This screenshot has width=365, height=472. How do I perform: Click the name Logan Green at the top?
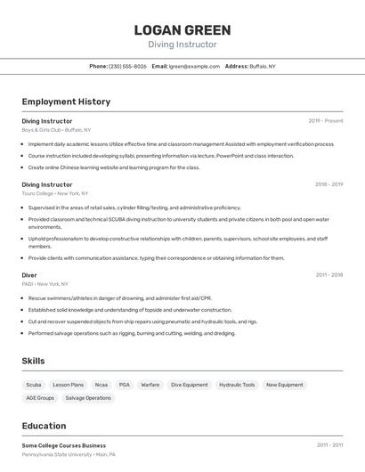pos(182,29)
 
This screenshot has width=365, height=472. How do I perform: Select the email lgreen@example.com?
pos(194,66)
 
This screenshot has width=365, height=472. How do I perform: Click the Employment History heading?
pos(66,102)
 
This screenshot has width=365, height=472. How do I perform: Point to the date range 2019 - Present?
pos(325,120)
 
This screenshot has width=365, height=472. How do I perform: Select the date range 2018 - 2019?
pos(328,184)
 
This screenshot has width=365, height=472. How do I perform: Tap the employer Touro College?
pos(37,193)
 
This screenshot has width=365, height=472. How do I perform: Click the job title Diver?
pos(29,275)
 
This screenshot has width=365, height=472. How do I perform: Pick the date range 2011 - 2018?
pos(328,275)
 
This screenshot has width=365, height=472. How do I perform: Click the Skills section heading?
pos(34,361)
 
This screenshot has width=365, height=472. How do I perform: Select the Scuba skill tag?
pos(34,385)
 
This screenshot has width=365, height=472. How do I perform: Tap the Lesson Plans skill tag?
pos(68,385)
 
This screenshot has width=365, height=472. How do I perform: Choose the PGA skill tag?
pos(124,385)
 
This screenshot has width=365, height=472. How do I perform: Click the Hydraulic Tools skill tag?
pos(237,385)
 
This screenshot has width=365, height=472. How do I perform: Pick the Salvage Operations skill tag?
pos(88,398)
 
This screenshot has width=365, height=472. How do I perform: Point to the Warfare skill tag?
pos(150,385)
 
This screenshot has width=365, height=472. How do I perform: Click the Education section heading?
pos(44,426)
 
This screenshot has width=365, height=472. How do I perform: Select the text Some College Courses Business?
pos(63,445)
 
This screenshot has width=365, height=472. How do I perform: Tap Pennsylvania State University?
pos(57,454)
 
